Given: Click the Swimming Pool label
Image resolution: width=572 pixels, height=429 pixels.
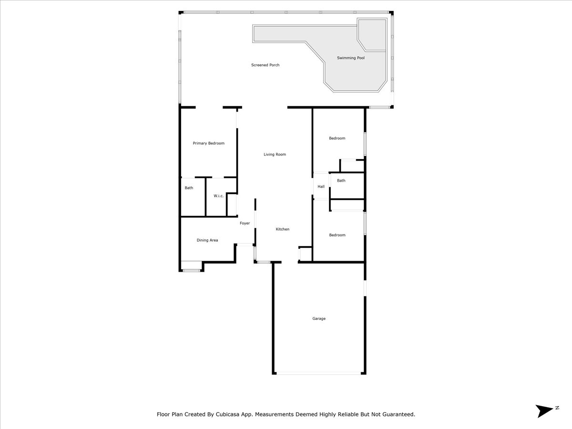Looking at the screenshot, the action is pos(351,58).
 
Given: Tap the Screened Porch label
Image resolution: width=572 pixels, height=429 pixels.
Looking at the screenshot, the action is pos(266,65).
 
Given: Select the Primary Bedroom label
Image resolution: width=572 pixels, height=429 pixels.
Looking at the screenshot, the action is pos(208,143).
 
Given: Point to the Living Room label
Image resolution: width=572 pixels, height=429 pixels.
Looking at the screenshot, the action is pos(275,154).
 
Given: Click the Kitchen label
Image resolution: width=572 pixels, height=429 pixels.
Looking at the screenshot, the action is pos(283,229).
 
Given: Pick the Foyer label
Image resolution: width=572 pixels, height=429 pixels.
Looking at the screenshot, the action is pos(245,223).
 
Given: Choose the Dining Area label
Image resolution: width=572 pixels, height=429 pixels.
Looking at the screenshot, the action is pos(207,240).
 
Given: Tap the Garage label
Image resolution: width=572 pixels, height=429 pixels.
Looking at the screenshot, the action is pos(319,318).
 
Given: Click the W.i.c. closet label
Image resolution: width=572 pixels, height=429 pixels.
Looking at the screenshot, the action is pos(219,196).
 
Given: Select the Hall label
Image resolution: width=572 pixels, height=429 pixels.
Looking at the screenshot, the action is pos(321,186).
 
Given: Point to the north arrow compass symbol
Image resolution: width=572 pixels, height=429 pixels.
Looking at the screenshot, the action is pos(544,411).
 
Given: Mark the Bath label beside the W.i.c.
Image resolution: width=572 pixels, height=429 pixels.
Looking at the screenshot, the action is pos(189,188).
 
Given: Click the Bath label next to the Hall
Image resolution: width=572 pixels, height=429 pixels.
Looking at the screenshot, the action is pos(341,181).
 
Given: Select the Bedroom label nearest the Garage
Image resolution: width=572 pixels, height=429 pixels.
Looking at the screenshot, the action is pos(337,235).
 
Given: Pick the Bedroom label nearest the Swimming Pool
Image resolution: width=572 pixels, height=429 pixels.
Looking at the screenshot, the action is pos(337,138).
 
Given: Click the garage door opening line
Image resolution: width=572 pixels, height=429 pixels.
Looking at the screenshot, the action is pos(319,373).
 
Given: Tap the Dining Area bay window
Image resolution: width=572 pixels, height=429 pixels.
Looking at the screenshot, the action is pos(191,271).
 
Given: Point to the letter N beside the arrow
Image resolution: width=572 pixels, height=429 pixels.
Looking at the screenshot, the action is pos(557,408).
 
